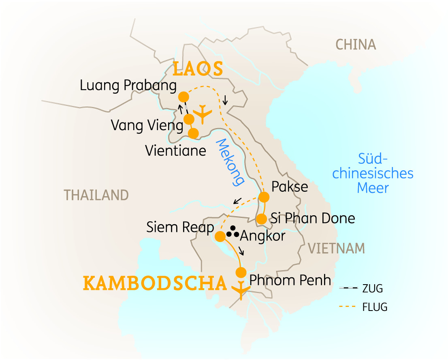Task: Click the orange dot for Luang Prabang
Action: pos(183,97)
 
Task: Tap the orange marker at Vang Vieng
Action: pos(189,119)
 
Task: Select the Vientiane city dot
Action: pos(194,133)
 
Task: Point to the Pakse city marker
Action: pos(264,197)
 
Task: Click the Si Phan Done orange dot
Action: pos(262,219)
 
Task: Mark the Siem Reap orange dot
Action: pos(220,236)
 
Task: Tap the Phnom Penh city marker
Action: pos(241,272)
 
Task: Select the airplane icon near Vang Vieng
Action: pos(202,114)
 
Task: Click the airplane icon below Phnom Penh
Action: pos(241,289)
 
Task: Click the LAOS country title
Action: pos(198,69)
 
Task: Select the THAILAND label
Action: pos(96,195)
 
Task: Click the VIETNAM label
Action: pos(336,248)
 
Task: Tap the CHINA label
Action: pos(356,45)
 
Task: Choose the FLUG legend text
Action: pos(375,307)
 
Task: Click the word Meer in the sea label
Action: pos(373,188)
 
